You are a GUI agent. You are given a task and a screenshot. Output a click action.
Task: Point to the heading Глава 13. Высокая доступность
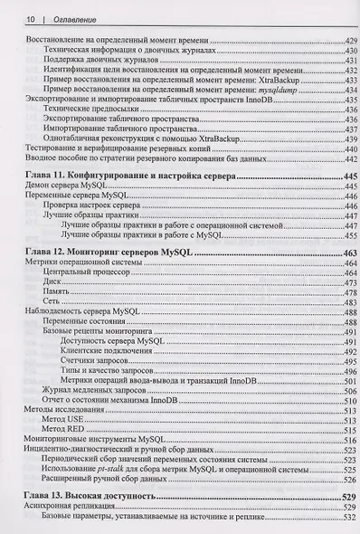point(86,497)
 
